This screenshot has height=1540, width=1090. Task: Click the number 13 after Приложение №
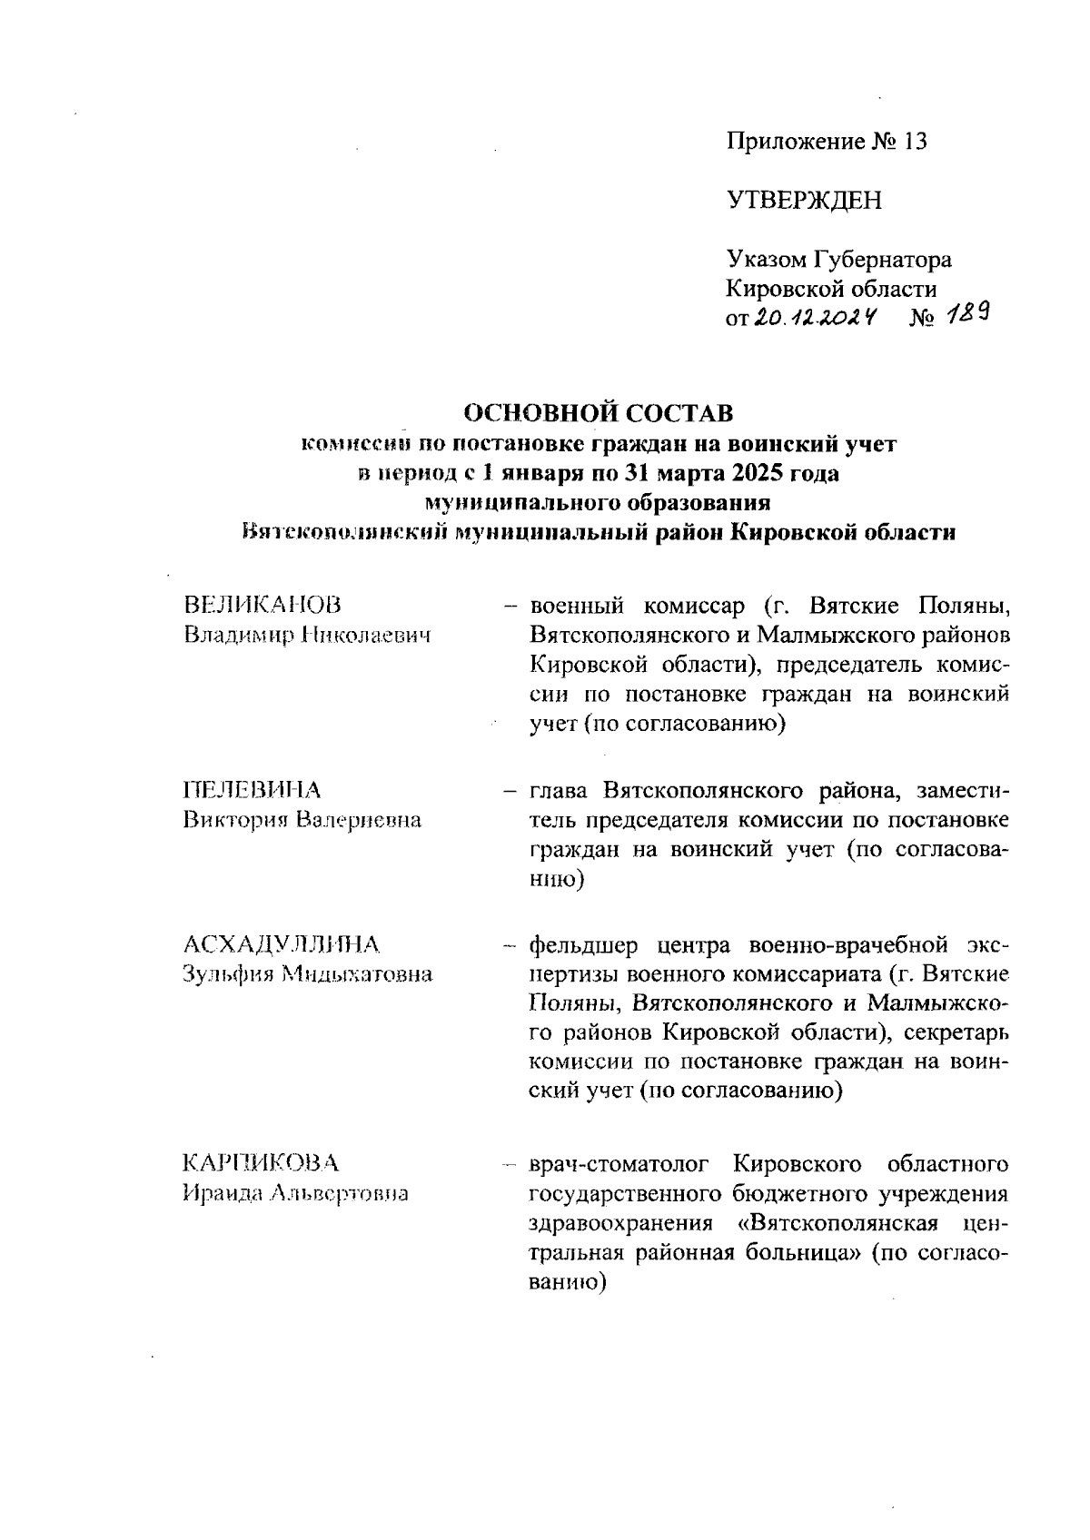(915, 143)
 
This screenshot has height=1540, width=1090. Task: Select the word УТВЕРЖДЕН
(804, 201)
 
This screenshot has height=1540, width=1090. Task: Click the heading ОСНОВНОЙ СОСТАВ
(599, 413)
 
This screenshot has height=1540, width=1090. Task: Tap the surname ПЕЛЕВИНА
(252, 789)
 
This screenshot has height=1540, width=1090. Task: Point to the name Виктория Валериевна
(302, 820)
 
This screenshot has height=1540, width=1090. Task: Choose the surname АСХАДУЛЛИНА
(281, 944)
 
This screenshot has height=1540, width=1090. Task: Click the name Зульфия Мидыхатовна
(307, 975)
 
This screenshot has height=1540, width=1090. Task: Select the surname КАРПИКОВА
(261, 1163)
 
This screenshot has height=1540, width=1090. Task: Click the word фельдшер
(582, 945)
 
